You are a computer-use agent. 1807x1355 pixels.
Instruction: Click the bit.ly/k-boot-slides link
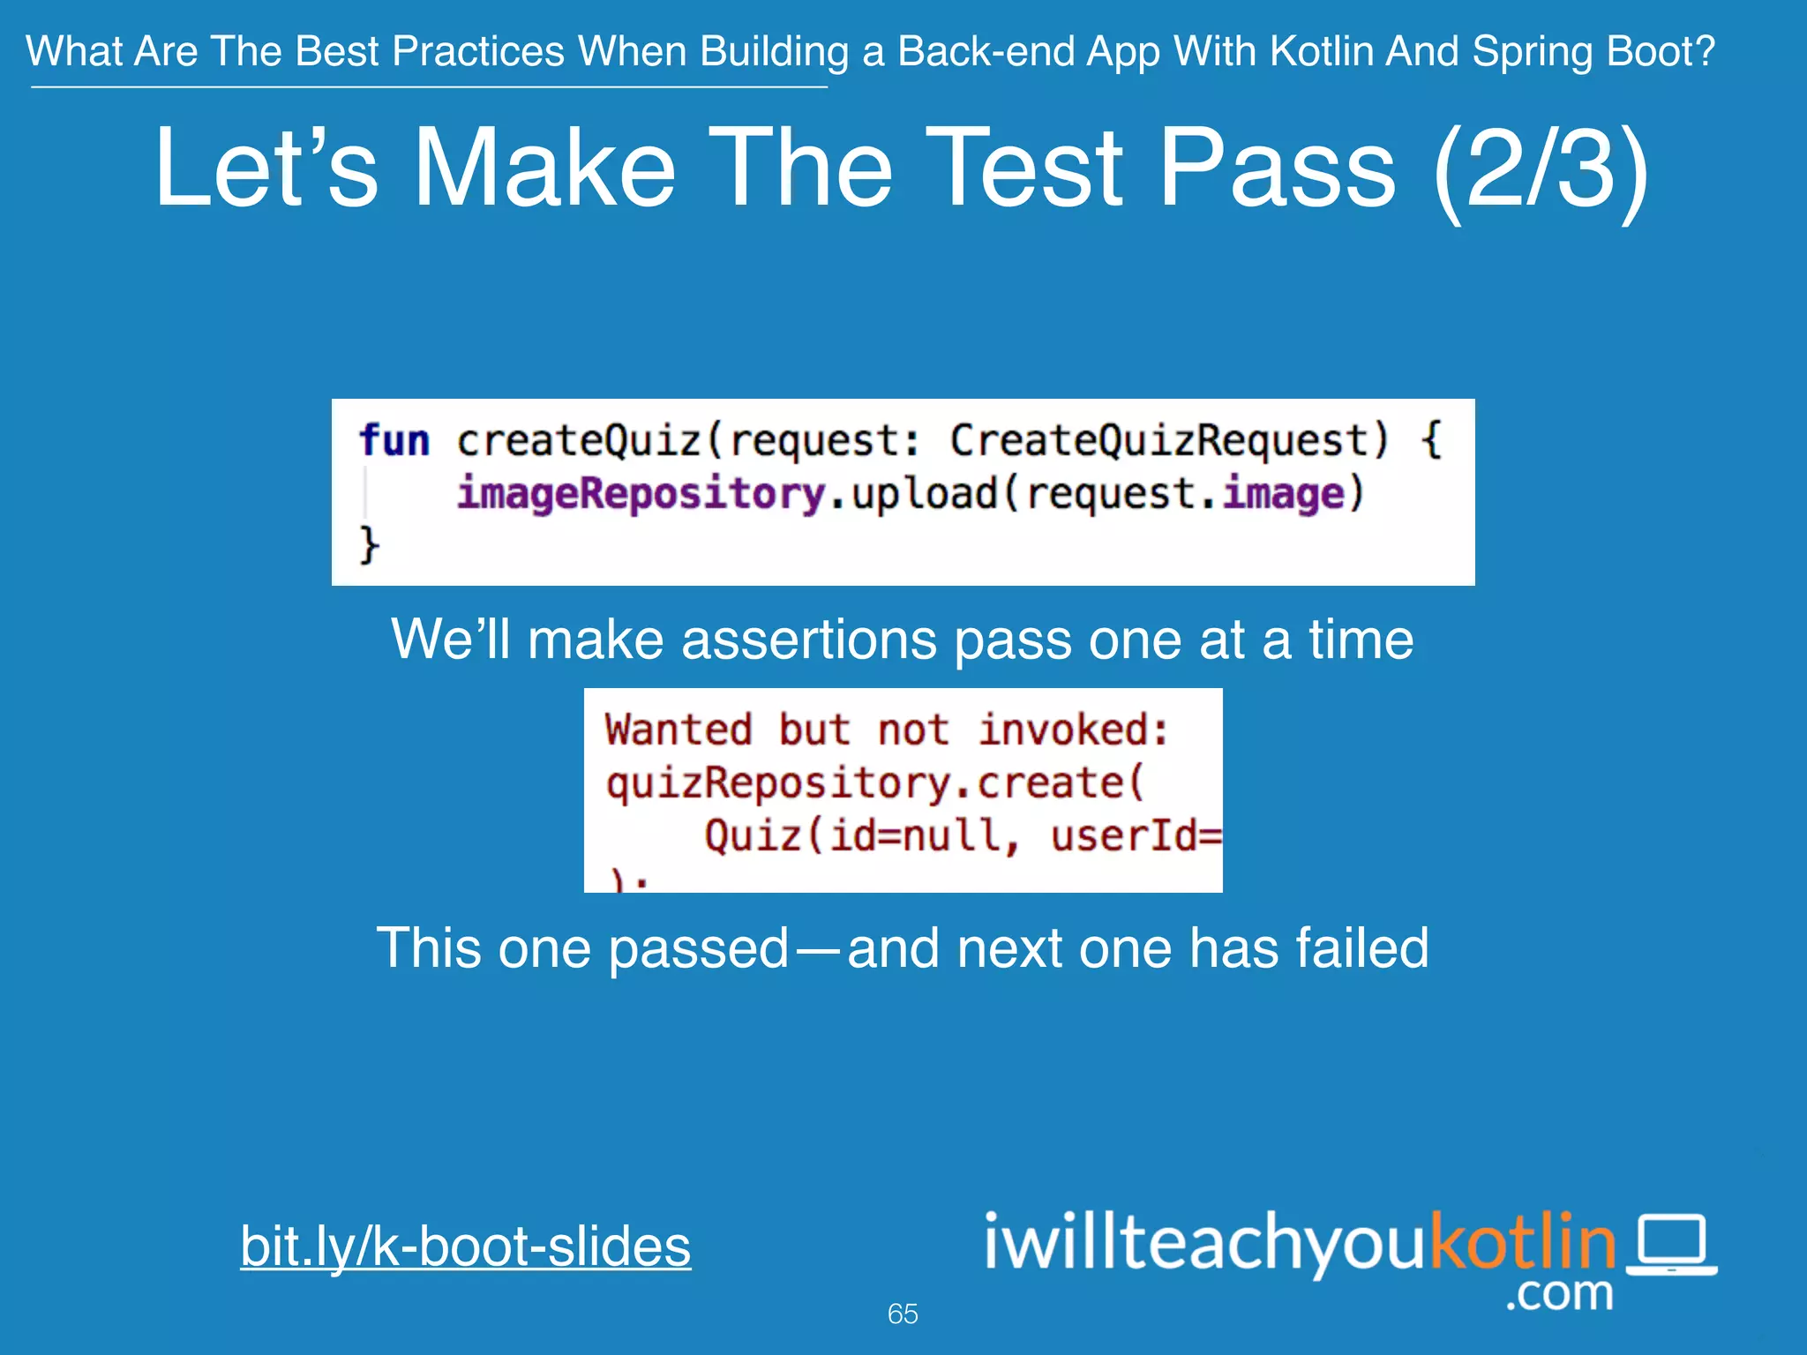[465, 1246]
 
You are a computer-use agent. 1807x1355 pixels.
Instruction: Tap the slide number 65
[903, 1314]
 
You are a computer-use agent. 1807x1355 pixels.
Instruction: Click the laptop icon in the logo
[1671, 1245]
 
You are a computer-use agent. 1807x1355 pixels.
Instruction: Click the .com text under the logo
[1559, 1294]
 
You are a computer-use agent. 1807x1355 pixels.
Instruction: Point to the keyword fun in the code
[394, 440]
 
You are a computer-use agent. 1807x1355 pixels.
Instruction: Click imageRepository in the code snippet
[641, 493]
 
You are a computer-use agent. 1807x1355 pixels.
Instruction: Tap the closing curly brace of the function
[370, 544]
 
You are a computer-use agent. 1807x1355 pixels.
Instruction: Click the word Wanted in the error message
[678, 730]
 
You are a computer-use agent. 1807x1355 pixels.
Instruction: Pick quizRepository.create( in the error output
[874, 782]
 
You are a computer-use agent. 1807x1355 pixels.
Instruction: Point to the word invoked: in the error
[1073, 730]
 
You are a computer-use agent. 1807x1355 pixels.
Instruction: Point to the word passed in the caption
[698, 948]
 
